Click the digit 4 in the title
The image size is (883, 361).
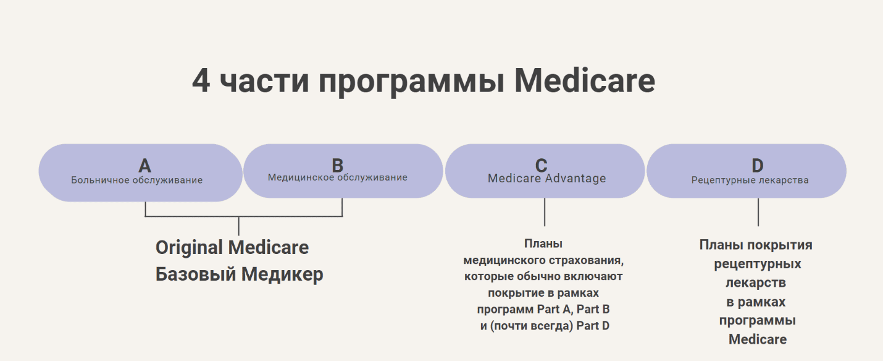201,81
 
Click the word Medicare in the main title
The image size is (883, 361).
584,81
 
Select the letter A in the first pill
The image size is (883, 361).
144,166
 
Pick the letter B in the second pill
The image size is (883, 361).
337,165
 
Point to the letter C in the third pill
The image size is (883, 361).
541,165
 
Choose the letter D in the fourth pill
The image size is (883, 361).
757,166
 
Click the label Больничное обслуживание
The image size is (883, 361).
136,180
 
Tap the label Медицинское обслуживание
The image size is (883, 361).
337,177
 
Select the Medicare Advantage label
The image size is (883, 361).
546,179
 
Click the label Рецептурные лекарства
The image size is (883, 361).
750,180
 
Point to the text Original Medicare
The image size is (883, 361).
232,248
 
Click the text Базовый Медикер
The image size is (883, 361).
239,274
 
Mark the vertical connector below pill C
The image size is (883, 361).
544,212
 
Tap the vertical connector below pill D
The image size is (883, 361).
758,212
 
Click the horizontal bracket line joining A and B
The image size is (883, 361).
244,216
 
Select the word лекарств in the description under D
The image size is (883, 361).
756,283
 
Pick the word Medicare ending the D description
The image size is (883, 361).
757,339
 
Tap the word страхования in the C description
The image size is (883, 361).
588,260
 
